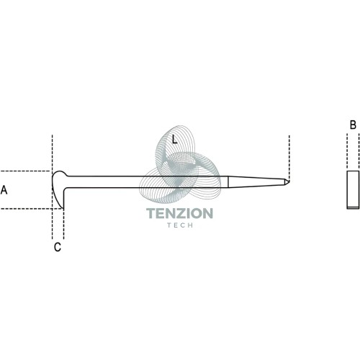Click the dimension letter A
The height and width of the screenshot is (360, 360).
[4, 190]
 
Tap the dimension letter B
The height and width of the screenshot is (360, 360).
[353, 125]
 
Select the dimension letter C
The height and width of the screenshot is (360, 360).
[58, 247]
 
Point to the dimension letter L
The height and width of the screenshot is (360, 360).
[175, 139]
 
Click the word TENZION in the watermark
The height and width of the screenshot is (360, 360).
[179, 213]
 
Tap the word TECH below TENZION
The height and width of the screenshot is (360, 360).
[180, 225]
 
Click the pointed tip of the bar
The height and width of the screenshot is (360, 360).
[289, 181]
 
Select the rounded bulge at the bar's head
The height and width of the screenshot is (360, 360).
[60, 175]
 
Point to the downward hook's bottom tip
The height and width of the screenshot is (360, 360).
[63, 208]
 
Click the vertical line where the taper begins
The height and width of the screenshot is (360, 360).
[228, 182]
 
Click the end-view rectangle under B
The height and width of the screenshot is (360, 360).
[353, 190]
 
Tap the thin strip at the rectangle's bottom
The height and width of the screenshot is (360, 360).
[353, 207]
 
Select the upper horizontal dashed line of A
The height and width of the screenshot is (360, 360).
[25, 171]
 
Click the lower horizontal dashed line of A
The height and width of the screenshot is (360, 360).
[31, 209]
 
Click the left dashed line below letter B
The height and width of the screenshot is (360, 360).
[347, 151]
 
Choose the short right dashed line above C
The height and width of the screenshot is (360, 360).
[63, 224]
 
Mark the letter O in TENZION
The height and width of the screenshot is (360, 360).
[197, 213]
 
